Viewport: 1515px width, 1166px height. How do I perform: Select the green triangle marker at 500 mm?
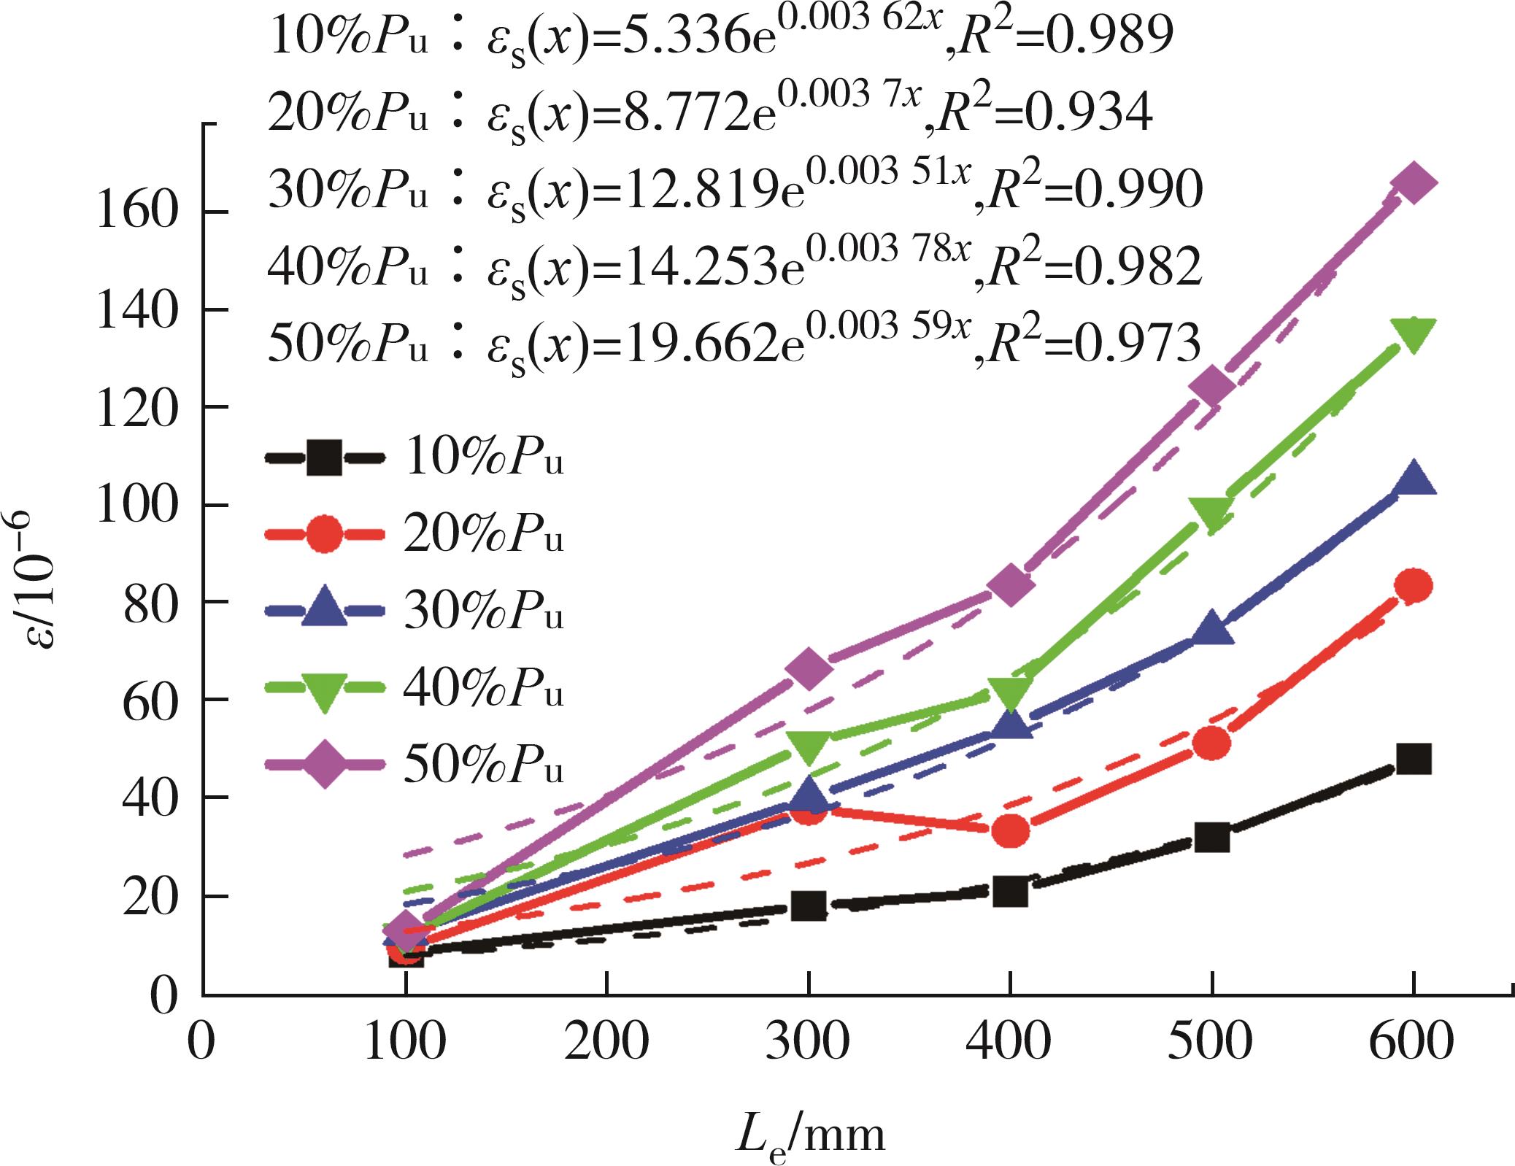(x=1211, y=514)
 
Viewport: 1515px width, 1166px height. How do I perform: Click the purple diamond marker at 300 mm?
(x=809, y=668)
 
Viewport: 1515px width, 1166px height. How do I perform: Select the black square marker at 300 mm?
(x=809, y=906)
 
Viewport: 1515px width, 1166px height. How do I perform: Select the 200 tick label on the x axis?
(x=606, y=1041)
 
